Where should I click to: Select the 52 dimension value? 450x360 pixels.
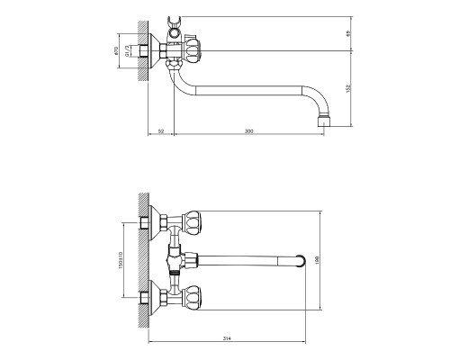click(160, 132)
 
